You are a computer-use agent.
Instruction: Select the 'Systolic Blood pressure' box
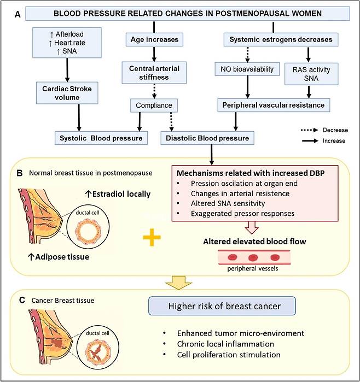tap(101, 138)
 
